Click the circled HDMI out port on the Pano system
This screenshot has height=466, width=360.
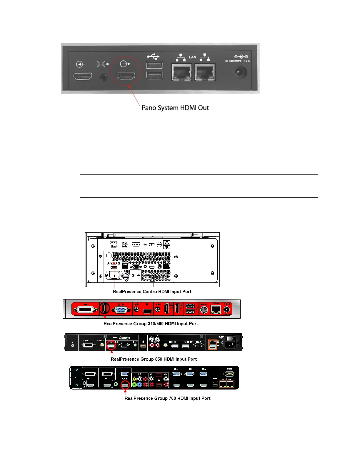click(x=126, y=76)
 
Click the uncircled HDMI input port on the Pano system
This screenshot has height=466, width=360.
click(x=82, y=76)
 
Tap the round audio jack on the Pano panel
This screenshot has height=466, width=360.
click(x=104, y=78)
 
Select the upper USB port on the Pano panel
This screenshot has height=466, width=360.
click(x=154, y=65)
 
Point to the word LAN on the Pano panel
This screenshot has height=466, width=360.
click(x=193, y=57)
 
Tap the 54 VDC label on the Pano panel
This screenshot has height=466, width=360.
click(x=231, y=61)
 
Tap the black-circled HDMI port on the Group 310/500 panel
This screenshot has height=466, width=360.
click(x=104, y=308)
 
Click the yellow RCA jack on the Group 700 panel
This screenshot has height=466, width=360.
click(x=134, y=379)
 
